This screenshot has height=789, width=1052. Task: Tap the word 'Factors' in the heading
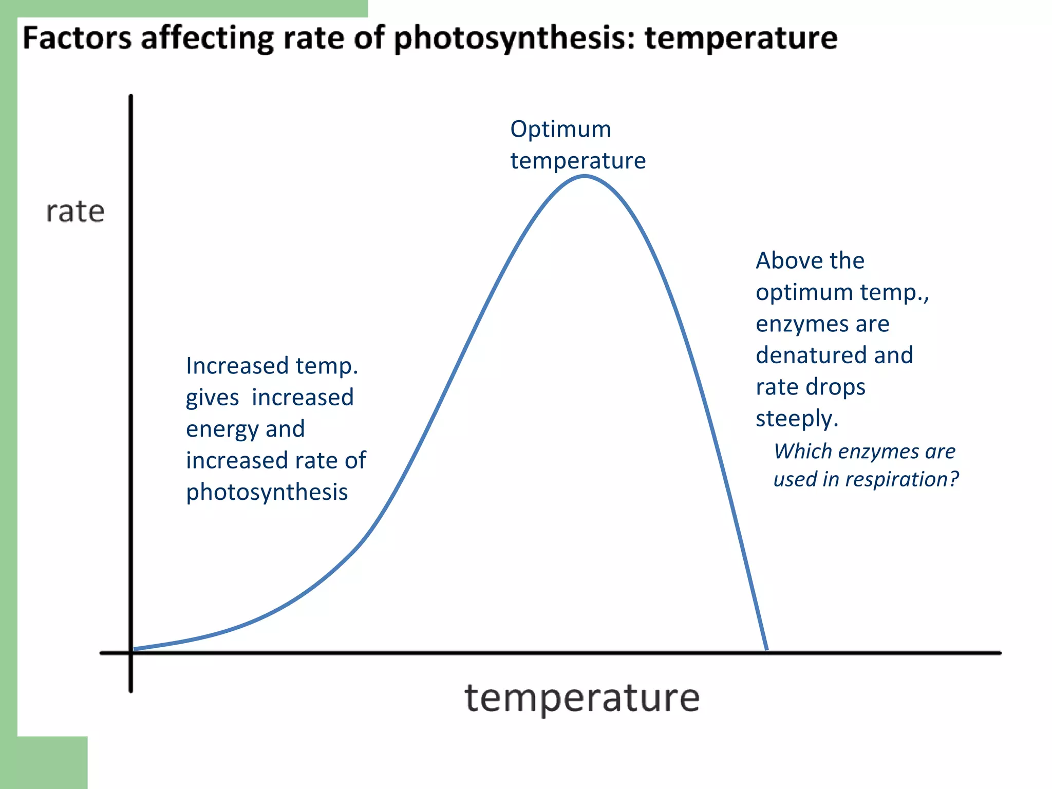click(77, 38)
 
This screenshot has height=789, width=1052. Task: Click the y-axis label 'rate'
click(76, 212)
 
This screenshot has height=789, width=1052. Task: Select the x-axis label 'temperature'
click(582, 698)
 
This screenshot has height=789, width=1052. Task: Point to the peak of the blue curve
click(585, 176)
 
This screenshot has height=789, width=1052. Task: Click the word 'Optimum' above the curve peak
click(560, 129)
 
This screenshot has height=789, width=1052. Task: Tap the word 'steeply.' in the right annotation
click(797, 419)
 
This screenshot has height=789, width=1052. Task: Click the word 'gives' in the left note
click(212, 398)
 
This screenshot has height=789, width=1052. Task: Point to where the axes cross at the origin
click(131, 652)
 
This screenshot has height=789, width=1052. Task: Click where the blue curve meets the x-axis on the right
click(766, 650)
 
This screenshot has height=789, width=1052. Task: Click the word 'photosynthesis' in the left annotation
click(267, 492)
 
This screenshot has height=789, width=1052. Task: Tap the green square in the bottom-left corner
click(44, 762)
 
